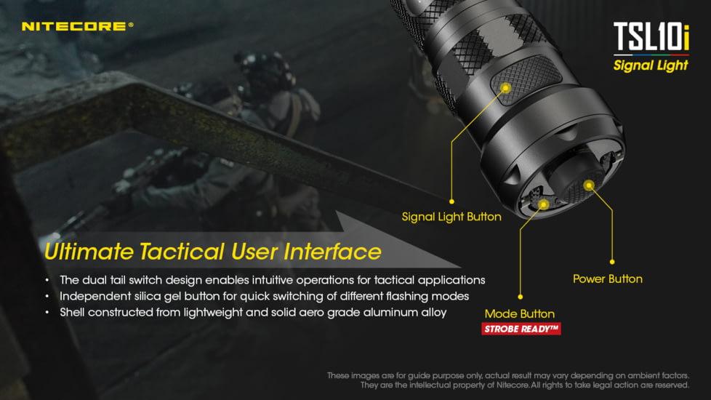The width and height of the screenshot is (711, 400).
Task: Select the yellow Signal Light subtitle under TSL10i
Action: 650,65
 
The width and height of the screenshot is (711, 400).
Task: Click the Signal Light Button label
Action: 451,217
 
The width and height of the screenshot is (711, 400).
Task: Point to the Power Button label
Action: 607,279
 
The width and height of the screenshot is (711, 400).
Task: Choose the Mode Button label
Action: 520,314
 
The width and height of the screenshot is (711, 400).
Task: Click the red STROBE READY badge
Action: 521,329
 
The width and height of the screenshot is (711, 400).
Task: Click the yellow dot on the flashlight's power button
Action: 589,185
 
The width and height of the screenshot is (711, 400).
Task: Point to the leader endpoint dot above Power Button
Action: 612,262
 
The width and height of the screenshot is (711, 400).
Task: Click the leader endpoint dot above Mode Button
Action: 521,297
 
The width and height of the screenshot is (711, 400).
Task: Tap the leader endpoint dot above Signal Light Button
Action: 451,201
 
